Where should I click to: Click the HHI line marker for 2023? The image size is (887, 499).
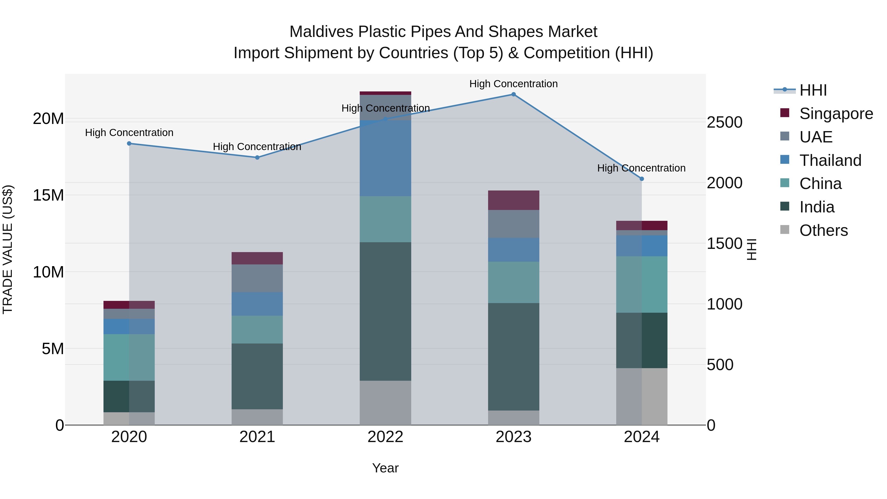pos(513,94)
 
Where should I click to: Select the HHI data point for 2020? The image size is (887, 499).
pos(129,144)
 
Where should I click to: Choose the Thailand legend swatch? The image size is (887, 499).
pos(785,160)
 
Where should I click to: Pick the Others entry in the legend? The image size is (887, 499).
pos(823,230)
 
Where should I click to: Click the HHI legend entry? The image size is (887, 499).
pos(813,90)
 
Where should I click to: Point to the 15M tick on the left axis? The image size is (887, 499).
pos(48,195)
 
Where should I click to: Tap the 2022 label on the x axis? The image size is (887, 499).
pos(385,437)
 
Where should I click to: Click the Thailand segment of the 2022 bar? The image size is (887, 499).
pos(385,158)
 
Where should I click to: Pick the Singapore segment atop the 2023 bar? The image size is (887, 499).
pos(513,200)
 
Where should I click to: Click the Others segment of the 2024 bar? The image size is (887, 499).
pos(642,396)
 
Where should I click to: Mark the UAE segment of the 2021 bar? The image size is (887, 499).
pos(257,278)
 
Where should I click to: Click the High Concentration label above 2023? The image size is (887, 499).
pos(513,84)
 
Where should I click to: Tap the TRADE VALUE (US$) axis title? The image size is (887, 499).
pos(8,249)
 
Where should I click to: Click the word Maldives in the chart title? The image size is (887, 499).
pos(321,32)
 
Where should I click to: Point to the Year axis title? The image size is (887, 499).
pos(385,468)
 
